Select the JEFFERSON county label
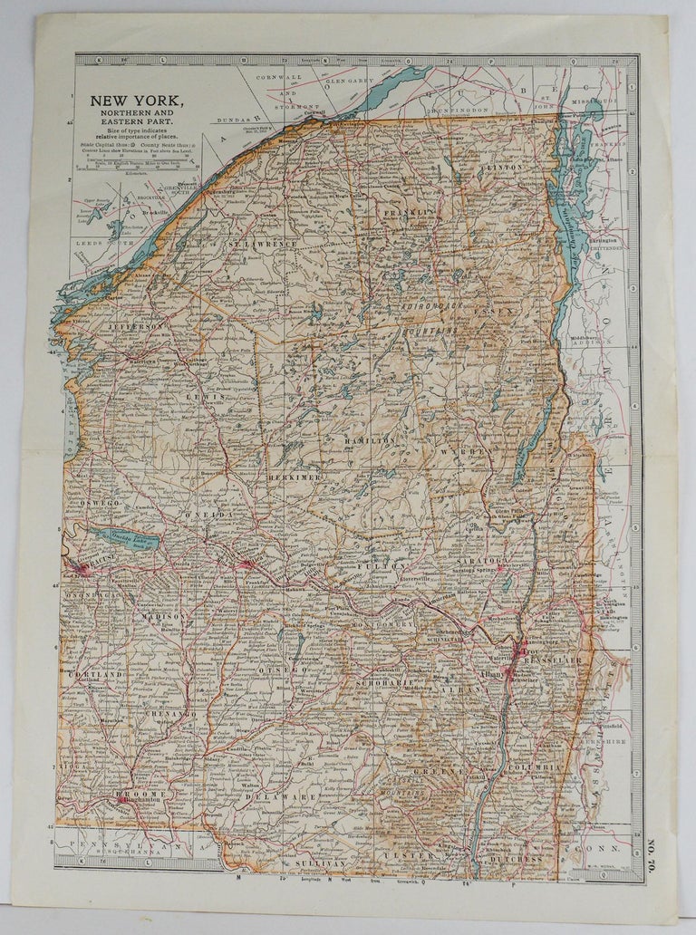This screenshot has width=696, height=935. point(137,325)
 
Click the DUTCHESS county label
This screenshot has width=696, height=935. point(515,856)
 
